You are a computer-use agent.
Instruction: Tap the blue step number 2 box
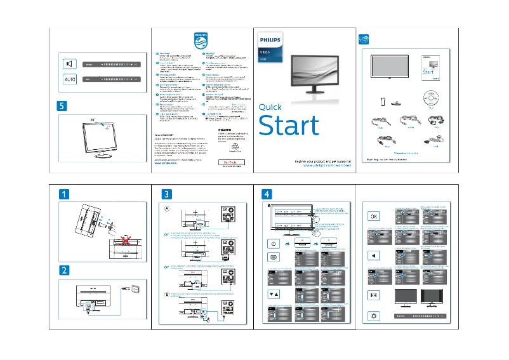tap(66, 269)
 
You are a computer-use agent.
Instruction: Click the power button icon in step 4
tap(274, 243)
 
